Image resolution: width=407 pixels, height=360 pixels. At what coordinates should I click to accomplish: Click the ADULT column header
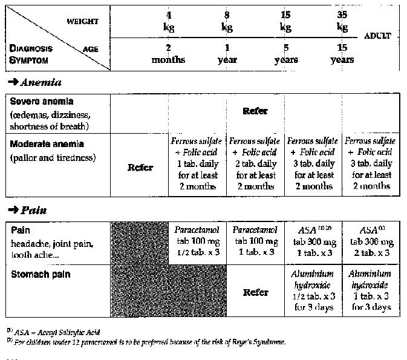pyautogui.click(x=378, y=36)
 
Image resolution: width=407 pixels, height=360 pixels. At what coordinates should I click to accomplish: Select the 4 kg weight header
pyautogui.click(x=169, y=21)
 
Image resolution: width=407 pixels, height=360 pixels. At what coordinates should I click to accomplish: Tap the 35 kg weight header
pyautogui.click(x=342, y=21)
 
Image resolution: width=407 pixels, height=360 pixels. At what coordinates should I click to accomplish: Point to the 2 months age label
pyautogui.click(x=169, y=54)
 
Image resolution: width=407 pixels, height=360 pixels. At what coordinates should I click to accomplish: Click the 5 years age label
pyautogui.click(x=285, y=54)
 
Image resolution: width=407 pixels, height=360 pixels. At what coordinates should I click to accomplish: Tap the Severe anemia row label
pyautogui.click(x=42, y=102)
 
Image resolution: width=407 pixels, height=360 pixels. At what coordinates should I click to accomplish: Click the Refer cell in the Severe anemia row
pyautogui.click(x=255, y=111)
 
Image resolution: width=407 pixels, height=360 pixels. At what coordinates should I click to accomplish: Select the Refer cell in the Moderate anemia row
pyautogui.click(x=140, y=168)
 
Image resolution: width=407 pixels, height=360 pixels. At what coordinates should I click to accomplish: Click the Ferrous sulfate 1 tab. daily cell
pyautogui.click(x=198, y=163)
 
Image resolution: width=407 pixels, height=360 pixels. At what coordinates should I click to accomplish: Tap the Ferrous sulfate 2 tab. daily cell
pyautogui.click(x=255, y=163)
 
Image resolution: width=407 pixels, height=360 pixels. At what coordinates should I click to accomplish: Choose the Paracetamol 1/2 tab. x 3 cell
pyautogui.click(x=198, y=241)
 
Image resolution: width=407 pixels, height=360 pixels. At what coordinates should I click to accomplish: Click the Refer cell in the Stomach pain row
pyautogui.click(x=255, y=292)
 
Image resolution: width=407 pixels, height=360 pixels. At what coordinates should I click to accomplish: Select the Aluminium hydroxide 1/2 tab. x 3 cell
pyautogui.click(x=312, y=290)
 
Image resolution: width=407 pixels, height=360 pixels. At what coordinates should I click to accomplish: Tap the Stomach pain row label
pyautogui.click(x=40, y=275)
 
